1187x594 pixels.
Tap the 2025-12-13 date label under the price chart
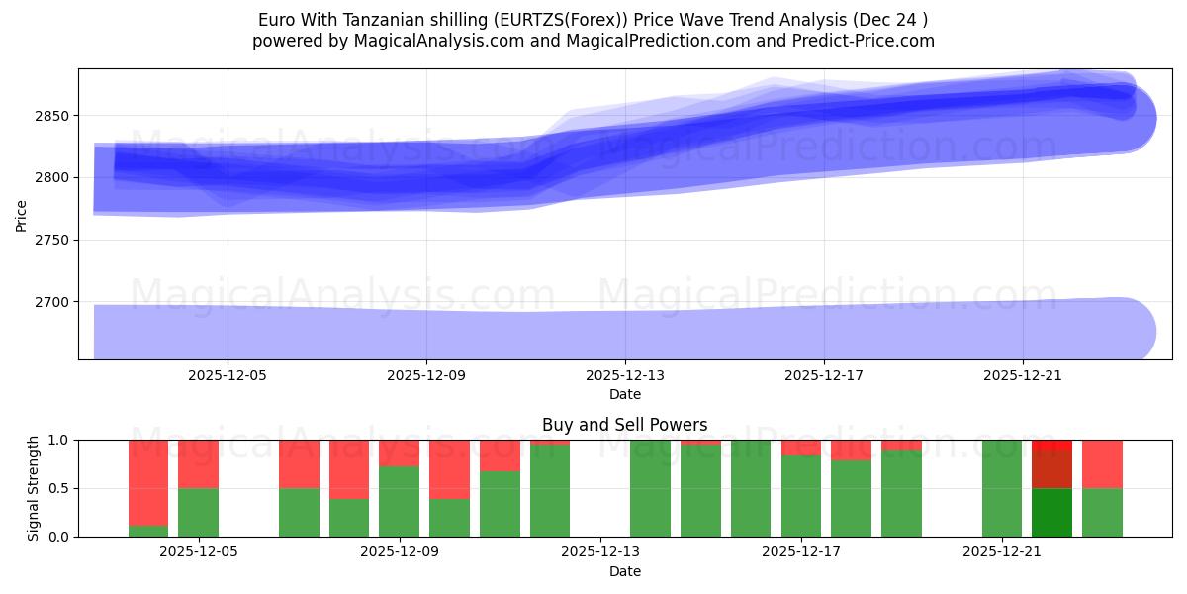(625, 376)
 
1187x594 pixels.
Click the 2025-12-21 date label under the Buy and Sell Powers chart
(1003, 552)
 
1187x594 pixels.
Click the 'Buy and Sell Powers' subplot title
(624, 425)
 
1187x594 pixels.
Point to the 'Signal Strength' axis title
(34, 488)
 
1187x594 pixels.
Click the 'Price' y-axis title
(22, 214)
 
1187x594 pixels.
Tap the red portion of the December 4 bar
(148, 481)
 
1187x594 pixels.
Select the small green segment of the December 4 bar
(148, 531)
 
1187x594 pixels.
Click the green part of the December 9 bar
(400, 501)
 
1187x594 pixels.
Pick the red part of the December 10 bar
(450, 468)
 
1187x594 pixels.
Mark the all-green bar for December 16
(751, 488)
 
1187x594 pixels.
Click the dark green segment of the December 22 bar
(1052, 512)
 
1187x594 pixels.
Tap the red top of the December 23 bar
(1103, 463)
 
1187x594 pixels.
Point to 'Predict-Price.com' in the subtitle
(867, 41)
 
